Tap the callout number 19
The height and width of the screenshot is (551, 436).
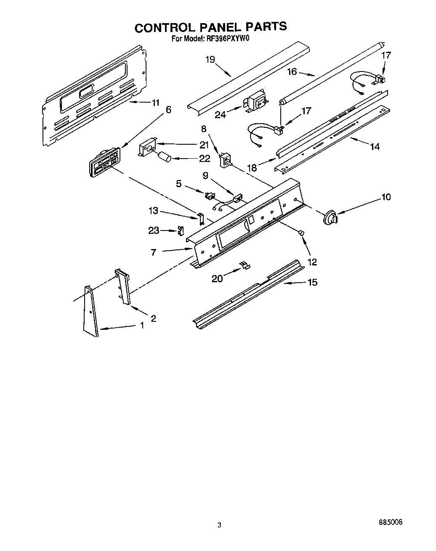coord(210,59)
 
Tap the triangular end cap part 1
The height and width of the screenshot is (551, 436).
coord(91,312)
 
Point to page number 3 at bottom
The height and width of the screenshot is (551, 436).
coord(219,525)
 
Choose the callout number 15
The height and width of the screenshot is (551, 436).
coord(312,282)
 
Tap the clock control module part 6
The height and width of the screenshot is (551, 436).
coord(103,163)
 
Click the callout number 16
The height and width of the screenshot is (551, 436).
coord(292,72)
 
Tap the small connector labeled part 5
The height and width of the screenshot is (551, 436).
coord(210,195)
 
